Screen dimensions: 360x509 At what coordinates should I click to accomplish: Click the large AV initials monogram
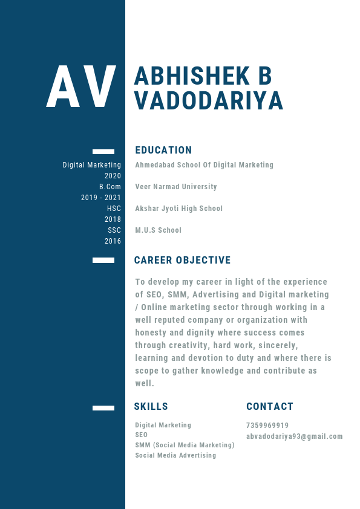tap(81, 88)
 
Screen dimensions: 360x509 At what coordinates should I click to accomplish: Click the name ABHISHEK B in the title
tap(203, 76)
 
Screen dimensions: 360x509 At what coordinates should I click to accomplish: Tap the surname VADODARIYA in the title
tap(209, 101)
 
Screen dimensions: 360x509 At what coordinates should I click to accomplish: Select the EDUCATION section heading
tap(163, 151)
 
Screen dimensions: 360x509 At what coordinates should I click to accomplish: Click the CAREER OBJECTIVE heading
tap(182, 261)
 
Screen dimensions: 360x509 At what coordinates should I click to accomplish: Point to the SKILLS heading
tap(151, 407)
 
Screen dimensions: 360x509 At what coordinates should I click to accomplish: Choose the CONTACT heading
tap(270, 407)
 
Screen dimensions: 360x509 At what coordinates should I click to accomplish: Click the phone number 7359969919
tap(267, 426)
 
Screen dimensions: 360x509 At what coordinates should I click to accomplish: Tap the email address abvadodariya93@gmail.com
tap(295, 436)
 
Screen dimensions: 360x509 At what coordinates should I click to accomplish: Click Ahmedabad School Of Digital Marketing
tap(205, 165)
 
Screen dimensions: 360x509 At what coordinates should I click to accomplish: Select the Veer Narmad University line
tap(176, 187)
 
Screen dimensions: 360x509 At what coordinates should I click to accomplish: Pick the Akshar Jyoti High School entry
tap(179, 209)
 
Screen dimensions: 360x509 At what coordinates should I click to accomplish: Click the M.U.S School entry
tap(159, 230)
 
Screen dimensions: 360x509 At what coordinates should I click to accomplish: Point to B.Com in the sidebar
tap(110, 187)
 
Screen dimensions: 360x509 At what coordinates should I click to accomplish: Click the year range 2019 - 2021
tap(101, 198)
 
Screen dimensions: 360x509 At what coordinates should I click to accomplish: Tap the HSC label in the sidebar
tap(114, 209)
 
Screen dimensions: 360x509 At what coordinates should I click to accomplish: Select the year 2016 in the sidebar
tap(113, 241)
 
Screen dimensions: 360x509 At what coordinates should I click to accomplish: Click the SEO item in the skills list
tap(141, 435)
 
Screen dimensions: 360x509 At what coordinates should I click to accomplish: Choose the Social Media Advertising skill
tap(175, 455)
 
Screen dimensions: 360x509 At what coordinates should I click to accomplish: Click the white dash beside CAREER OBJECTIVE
tap(103, 261)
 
